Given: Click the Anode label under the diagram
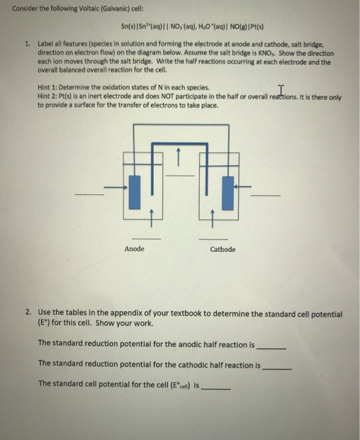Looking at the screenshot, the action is click(134, 249).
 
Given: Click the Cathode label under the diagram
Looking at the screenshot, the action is click(222, 250).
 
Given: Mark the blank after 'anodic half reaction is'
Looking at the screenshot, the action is click(271, 348).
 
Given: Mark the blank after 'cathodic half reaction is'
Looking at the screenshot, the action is click(277, 367).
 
